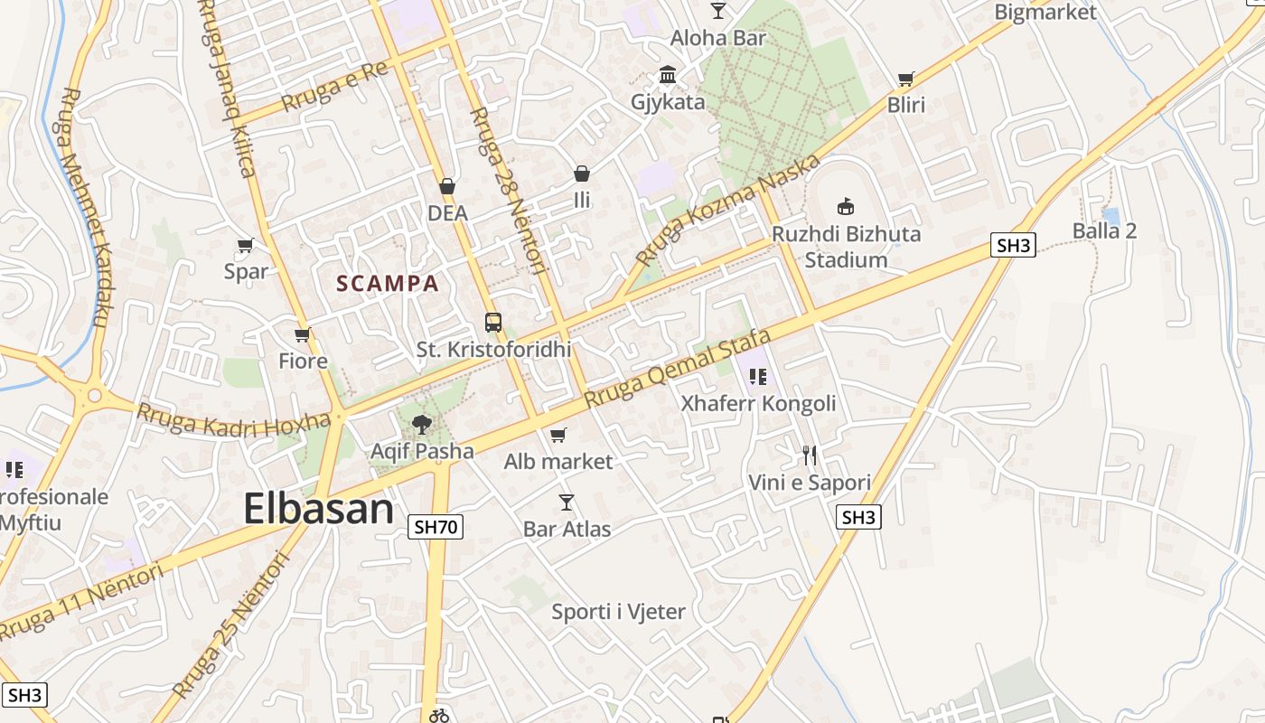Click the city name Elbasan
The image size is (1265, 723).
(x=318, y=509)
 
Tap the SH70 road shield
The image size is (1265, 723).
(x=436, y=527)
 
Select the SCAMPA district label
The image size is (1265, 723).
(x=388, y=284)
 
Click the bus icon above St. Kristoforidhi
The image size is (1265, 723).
(x=493, y=322)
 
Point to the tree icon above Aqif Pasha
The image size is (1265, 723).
(x=421, y=424)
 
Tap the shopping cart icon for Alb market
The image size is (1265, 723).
(x=558, y=436)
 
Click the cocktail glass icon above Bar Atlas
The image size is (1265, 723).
(x=567, y=502)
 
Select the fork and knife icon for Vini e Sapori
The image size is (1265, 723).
(x=810, y=455)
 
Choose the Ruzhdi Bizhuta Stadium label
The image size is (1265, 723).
(x=846, y=247)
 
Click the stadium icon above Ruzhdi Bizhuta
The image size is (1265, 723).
(x=846, y=206)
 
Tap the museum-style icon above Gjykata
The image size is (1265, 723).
(x=668, y=74)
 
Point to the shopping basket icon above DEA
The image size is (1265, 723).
(x=447, y=187)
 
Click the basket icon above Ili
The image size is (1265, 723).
(x=582, y=173)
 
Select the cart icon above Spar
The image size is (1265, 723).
(x=245, y=245)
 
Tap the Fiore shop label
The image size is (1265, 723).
(x=303, y=361)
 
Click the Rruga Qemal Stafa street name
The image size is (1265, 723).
(x=678, y=369)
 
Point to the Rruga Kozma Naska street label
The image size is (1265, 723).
(x=728, y=209)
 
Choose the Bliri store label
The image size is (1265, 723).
(x=906, y=105)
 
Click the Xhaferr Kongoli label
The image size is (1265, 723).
(x=759, y=403)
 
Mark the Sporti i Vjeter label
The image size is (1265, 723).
(x=618, y=612)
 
